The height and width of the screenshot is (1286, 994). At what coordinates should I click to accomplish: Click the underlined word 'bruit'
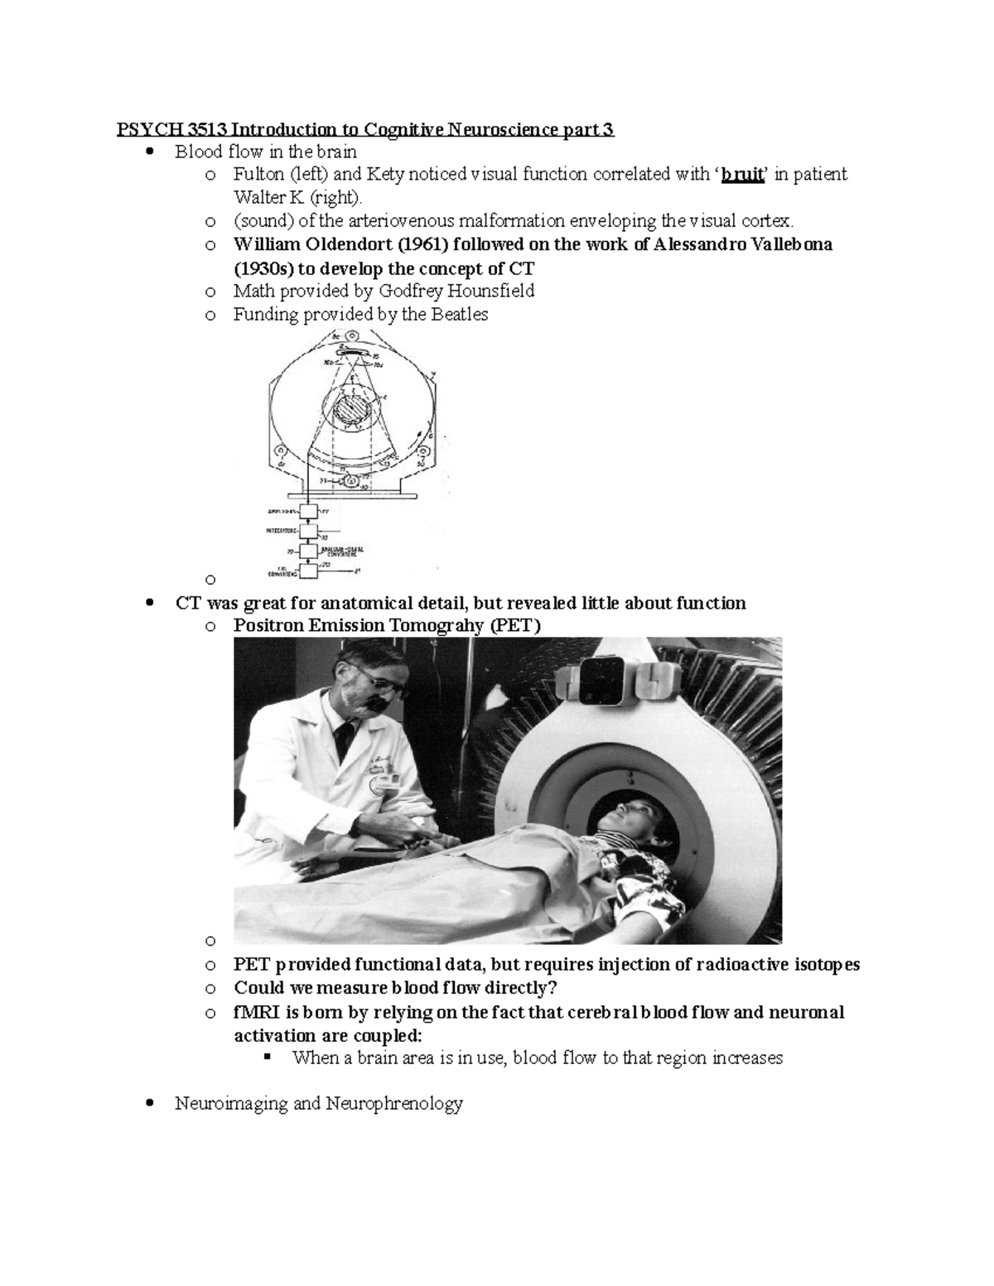(741, 175)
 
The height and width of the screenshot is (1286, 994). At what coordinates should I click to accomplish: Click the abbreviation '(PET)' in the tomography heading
(514, 625)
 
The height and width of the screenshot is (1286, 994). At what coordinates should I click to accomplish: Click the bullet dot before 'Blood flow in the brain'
(149, 152)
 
